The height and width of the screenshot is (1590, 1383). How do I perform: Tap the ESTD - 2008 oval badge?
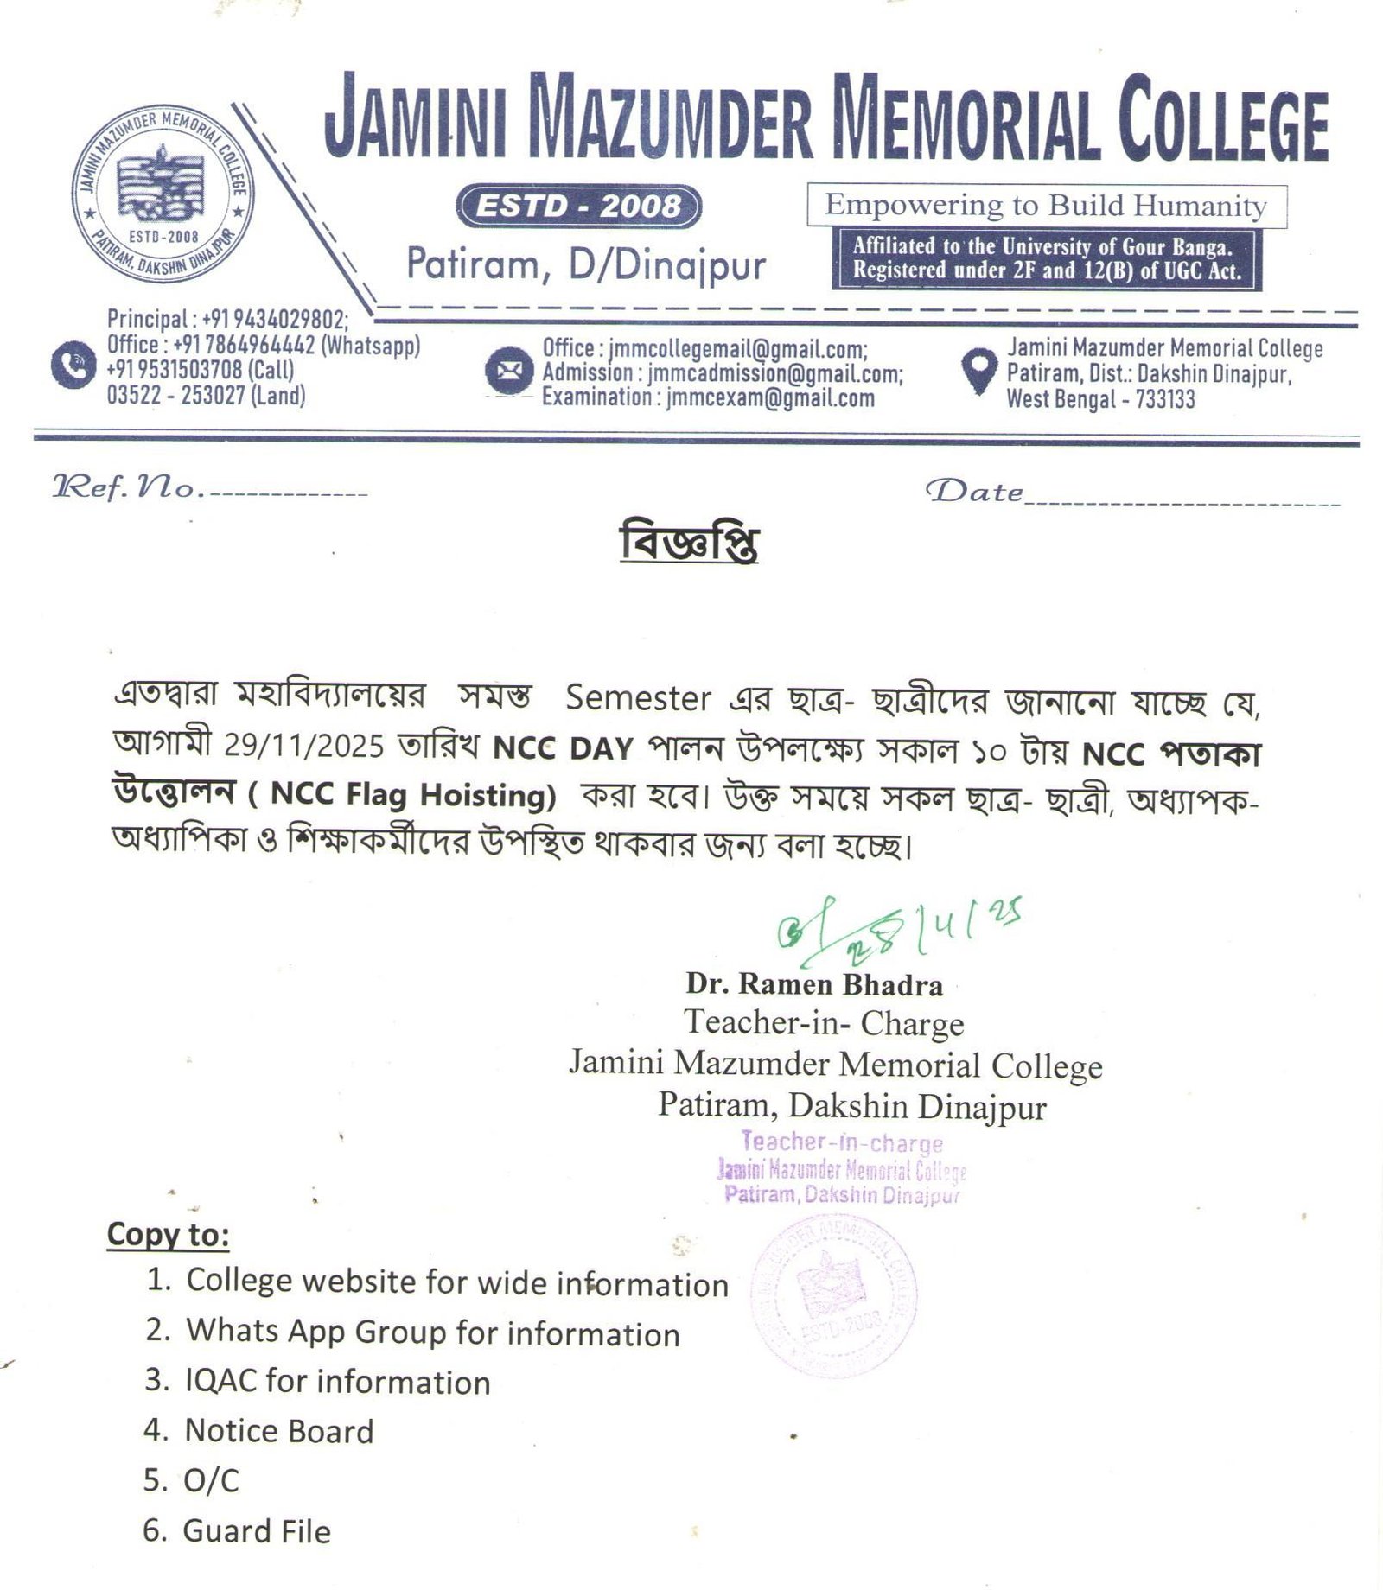click(578, 207)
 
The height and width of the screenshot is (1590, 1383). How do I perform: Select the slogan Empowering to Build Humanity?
click(1046, 206)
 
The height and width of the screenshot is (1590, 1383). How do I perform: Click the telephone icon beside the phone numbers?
click(73, 366)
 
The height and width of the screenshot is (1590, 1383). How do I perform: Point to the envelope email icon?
click(508, 372)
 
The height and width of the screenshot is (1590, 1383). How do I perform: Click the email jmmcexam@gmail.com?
click(769, 397)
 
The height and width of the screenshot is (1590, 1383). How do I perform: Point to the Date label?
click(974, 492)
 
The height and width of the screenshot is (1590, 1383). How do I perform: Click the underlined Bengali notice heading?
click(689, 544)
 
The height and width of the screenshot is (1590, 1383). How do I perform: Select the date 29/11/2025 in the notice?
click(303, 746)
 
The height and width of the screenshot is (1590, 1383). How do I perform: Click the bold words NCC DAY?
click(563, 747)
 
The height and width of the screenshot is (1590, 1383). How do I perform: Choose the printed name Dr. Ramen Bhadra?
click(814, 984)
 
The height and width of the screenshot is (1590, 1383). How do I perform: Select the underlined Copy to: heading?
click(168, 1234)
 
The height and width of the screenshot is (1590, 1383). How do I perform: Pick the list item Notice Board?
click(278, 1431)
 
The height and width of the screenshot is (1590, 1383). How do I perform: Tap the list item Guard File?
click(257, 1531)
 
